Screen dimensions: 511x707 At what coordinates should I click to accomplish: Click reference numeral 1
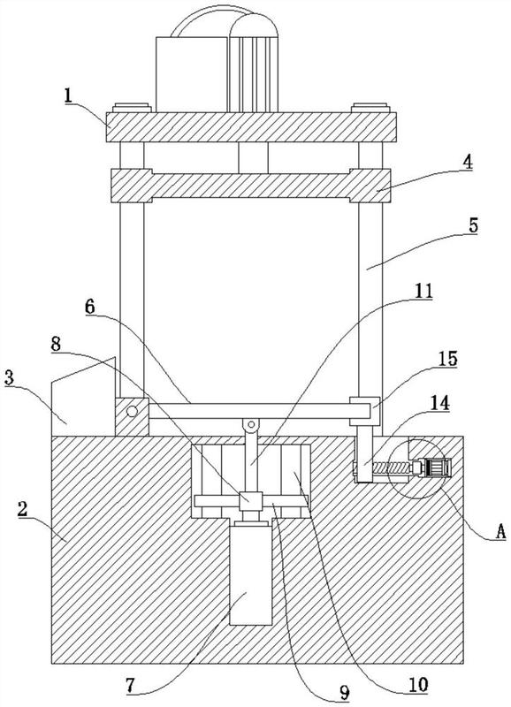tap(68, 95)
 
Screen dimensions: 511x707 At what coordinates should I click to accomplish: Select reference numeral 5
tap(473, 225)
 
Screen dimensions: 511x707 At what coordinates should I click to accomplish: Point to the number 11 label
tap(423, 292)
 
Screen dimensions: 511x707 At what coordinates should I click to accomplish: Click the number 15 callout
tap(449, 359)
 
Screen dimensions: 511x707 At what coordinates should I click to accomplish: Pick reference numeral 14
tap(440, 403)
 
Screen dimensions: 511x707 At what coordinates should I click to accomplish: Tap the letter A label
tap(500, 532)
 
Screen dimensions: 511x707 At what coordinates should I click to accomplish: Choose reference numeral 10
tap(418, 685)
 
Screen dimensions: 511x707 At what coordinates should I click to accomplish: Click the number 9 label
tap(345, 693)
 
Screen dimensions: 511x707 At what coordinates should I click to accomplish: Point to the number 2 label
tap(23, 509)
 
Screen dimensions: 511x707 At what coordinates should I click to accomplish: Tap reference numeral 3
tap(9, 377)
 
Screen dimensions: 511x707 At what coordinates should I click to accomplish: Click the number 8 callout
tap(56, 345)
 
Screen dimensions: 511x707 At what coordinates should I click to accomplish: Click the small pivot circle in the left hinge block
tap(132, 411)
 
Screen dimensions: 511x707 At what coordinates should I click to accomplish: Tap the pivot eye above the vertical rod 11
tap(251, 425)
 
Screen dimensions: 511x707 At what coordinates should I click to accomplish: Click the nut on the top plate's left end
tap(132, 108)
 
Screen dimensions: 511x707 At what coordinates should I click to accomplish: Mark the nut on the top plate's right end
tap(370, 108)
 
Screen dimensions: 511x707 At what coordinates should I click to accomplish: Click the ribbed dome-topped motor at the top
tap(253, 63)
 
